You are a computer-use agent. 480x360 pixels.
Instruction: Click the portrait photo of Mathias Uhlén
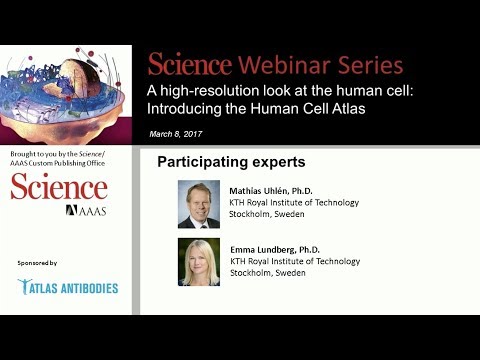[199, 204]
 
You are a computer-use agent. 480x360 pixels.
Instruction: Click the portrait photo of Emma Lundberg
[199, 262]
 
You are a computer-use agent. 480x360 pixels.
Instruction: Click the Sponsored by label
[38, 262]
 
